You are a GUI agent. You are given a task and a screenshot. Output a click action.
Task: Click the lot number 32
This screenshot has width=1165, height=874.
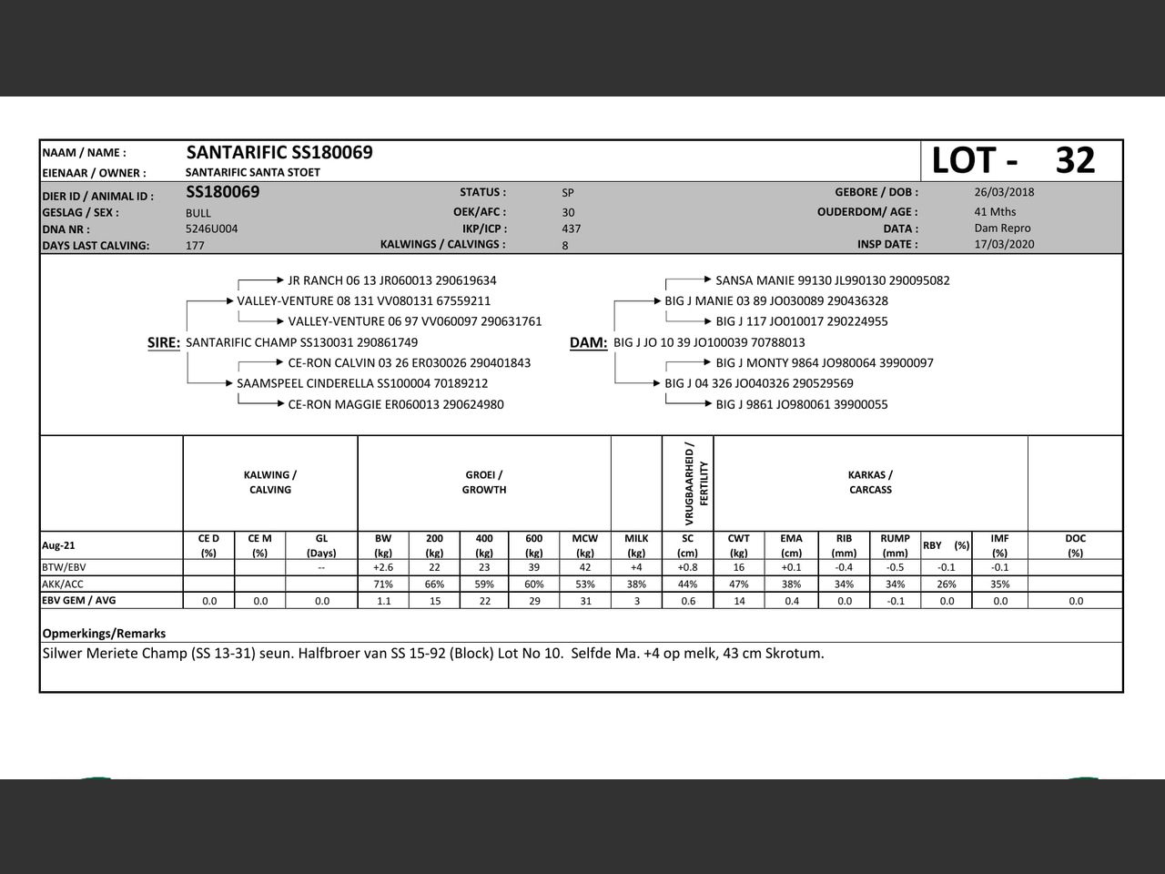click(1075, 160)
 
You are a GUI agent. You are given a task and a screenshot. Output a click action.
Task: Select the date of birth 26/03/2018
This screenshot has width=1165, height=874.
click(1004, 192)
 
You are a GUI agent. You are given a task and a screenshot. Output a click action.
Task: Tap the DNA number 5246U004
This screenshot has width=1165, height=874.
click(211, 229)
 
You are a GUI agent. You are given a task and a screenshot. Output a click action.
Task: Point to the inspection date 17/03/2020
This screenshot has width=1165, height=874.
click(1004, 244)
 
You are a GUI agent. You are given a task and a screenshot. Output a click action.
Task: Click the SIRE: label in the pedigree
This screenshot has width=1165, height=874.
click(164, 342)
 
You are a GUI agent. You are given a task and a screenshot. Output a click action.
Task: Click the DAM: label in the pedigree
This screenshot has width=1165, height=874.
click(588, 342)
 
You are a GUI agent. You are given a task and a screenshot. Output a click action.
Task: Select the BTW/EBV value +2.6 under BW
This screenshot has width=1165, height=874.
click(383, 567)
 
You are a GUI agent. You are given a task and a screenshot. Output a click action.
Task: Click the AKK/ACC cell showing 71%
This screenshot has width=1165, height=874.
click(383, 584)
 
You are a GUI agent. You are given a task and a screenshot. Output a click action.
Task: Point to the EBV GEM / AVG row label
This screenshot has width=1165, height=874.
click(79, 601)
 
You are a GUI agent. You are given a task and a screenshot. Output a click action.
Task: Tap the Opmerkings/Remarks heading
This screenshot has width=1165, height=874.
click(104, 633)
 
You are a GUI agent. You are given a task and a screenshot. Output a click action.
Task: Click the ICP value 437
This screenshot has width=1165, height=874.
click(572, 229)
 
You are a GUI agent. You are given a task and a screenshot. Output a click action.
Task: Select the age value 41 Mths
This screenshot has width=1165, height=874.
click(995, 212)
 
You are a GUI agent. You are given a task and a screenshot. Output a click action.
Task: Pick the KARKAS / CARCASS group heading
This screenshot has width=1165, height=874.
click(870, 483)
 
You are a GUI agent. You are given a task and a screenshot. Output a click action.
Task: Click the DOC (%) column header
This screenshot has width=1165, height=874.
click(1075, 545)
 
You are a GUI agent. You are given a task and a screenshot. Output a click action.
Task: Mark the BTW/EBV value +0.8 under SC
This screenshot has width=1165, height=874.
click(687, 567)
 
